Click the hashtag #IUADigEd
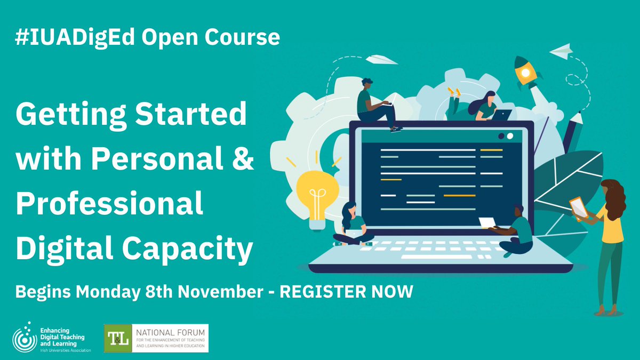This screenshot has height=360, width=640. (x=78, y=38)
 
